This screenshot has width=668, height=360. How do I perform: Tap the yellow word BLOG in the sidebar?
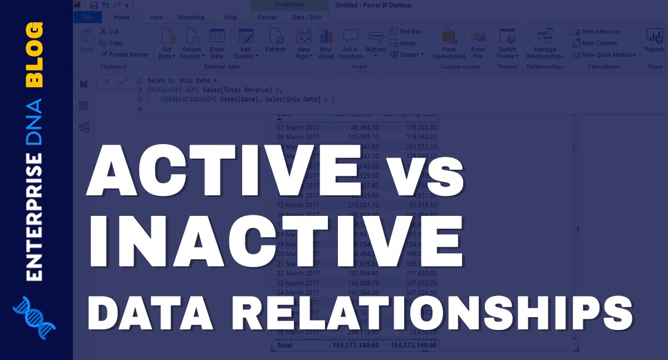click(35, 54)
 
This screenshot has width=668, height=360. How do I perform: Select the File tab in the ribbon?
click(87, 17)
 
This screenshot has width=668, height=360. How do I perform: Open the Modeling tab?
click(190, 17)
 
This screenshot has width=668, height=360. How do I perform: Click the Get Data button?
click(167, 44)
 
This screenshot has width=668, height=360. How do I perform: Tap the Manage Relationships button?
click(544, 44)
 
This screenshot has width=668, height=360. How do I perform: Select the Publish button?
click(655, 42)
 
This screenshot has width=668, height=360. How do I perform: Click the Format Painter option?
click(125, 55)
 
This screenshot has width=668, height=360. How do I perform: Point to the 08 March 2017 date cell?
click(298, 137)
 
